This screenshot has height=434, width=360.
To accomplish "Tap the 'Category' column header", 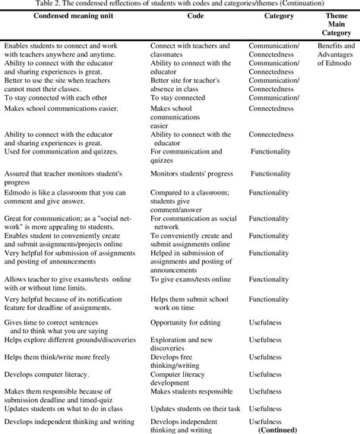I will tap(279, 15).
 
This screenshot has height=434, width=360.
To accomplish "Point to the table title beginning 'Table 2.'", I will tap(179, 4).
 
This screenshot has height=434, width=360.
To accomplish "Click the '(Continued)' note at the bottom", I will tap(279, 429).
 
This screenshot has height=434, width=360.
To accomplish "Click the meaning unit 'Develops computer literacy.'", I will tap(46, 374).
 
